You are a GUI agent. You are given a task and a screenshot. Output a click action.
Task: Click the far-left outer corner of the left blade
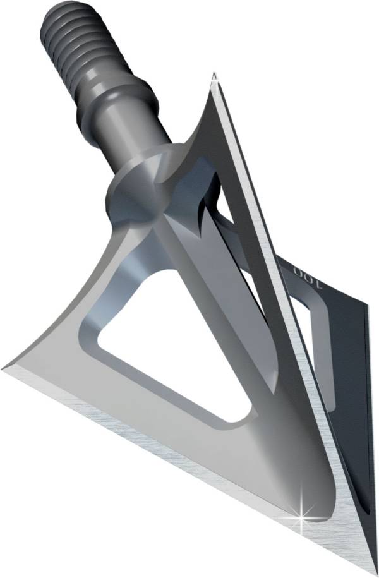pos(5,367)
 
